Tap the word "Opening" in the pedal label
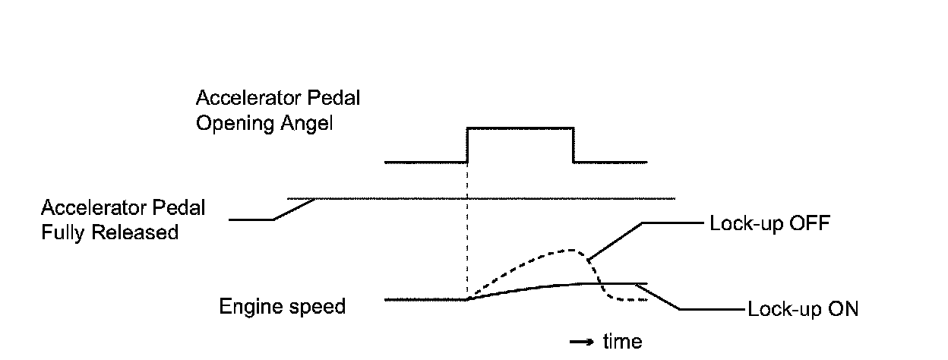(232, 125)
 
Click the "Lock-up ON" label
(803, 310)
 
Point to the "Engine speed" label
(282, 307)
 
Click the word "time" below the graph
(622, 342)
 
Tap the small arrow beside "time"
(581, 343)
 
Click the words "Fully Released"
(109, 232)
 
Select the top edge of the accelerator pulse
(520, 128)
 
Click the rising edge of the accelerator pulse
(467, 145)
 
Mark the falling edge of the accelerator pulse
(573, 145)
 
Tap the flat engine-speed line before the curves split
(425, 300)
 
